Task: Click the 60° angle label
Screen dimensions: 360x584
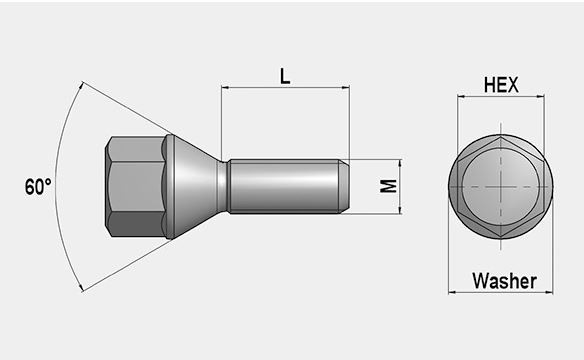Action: [x=37, y=187]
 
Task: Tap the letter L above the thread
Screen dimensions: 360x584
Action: [x=285, y=74]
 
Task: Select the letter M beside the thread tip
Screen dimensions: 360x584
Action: [x=389, y=187]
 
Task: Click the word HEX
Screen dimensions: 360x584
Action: [x=500, y=85]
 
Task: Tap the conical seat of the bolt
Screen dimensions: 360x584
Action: [x=195, y=187]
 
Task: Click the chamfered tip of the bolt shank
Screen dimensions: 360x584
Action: [x=342, y=187]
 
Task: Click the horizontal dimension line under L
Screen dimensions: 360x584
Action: [x=285, y=88]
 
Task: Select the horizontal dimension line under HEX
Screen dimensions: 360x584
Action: [x=500, y=98]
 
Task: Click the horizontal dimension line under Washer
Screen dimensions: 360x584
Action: [x=500, y=293]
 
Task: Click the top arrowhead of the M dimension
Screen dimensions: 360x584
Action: [x=400, y=163]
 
